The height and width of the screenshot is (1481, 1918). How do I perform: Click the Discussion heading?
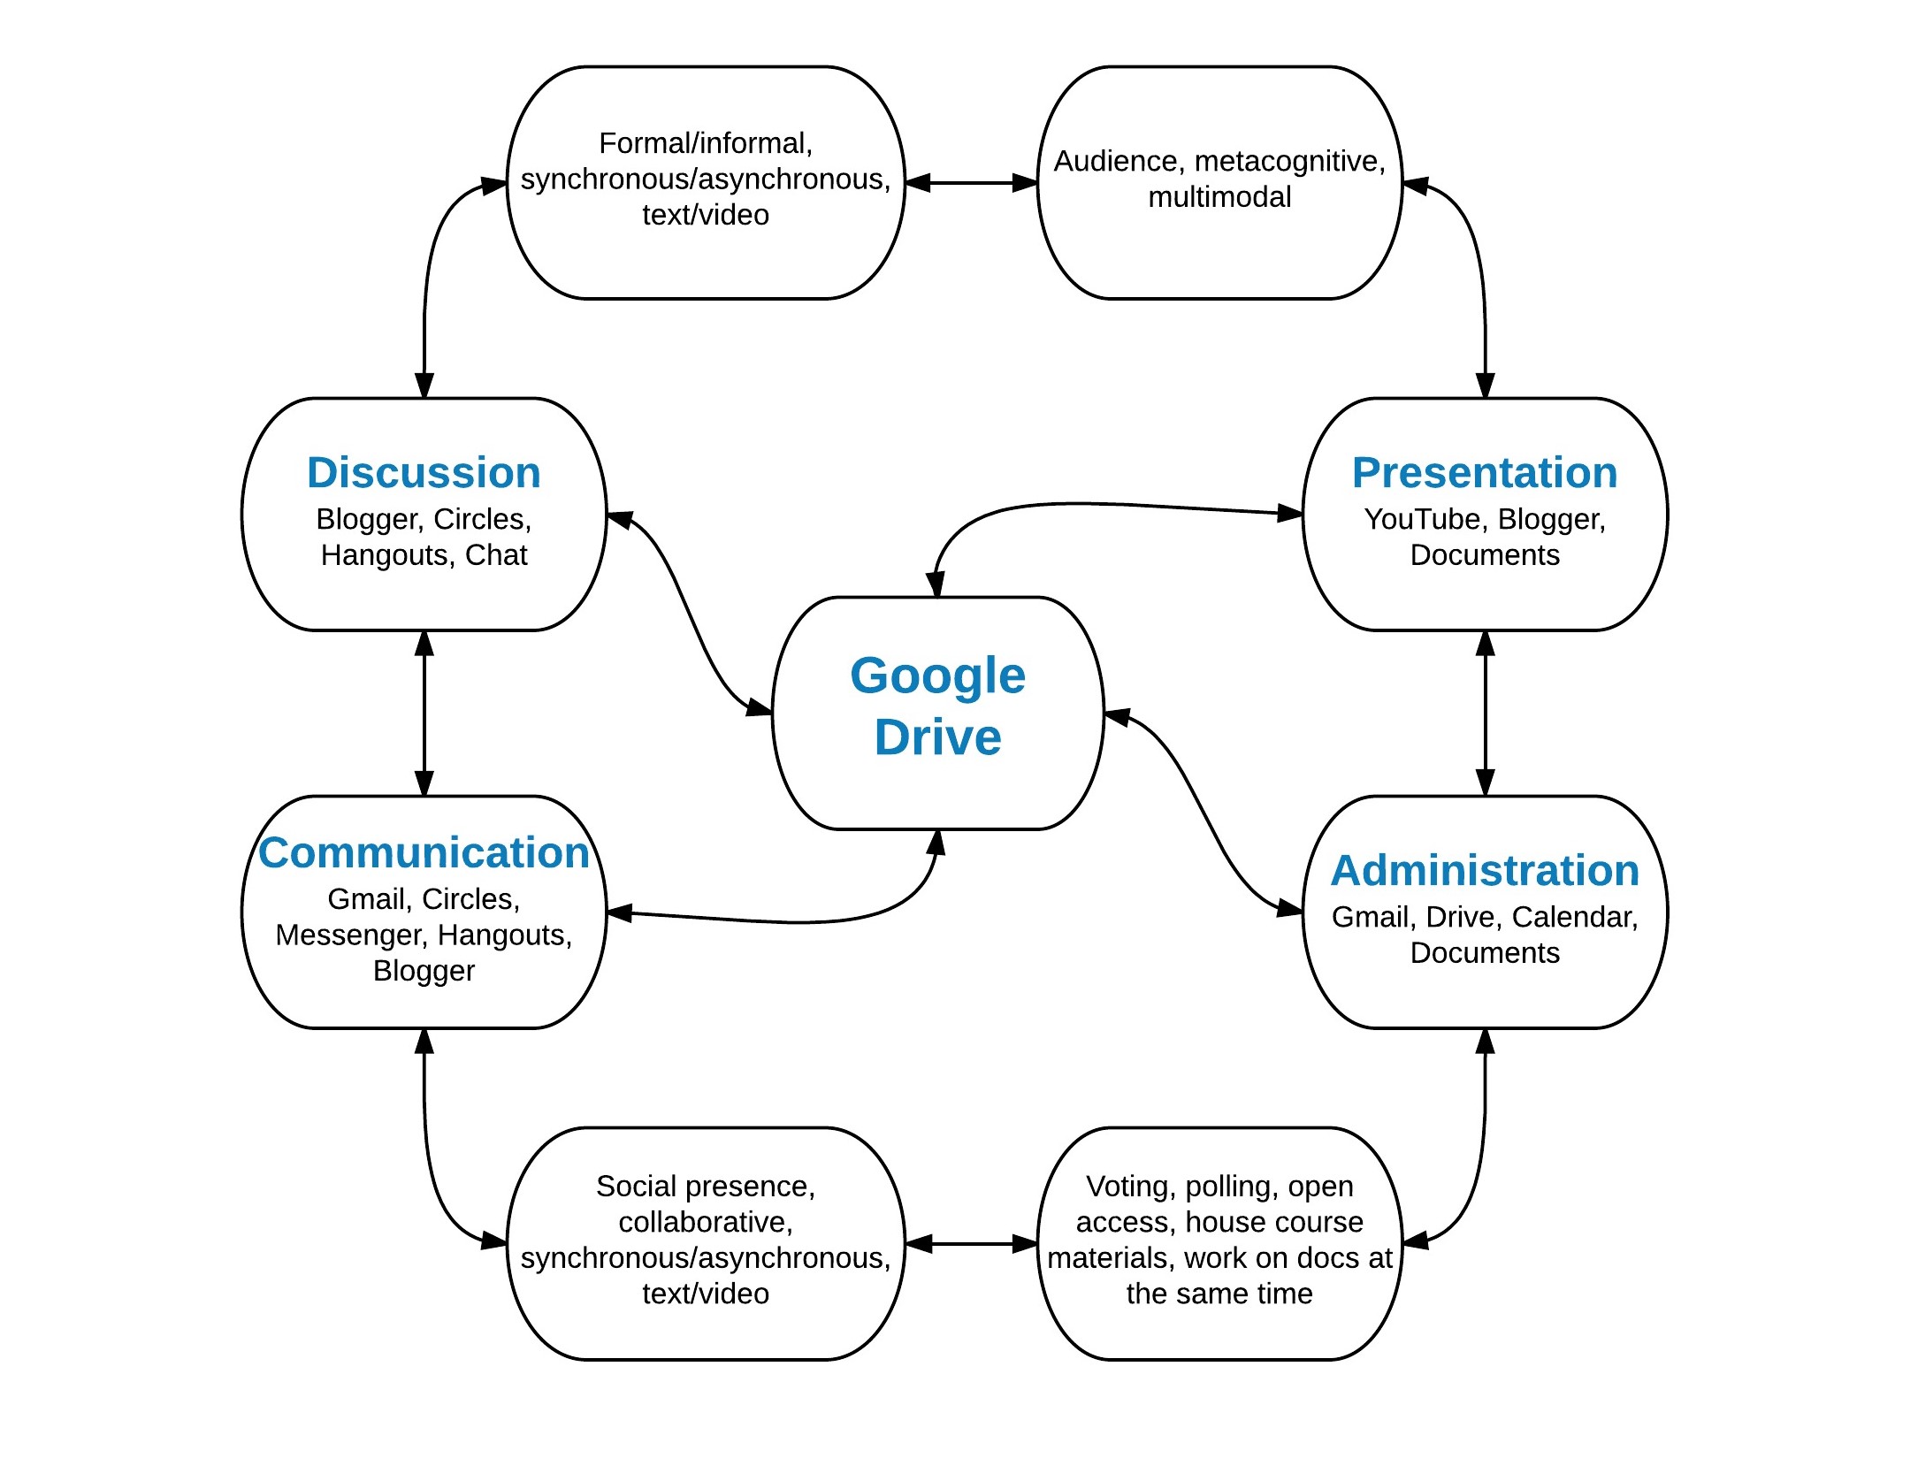click(424, 472)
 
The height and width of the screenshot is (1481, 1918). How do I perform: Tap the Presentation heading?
click(1485, 472)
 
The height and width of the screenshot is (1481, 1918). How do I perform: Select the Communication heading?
click(424, 852)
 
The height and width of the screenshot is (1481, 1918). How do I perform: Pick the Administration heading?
click(1485, 870)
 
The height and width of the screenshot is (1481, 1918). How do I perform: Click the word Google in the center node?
click(937, 676)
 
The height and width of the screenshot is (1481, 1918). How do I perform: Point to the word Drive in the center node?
click(937, 737)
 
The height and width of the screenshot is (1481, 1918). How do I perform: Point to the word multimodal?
click(1219, 197)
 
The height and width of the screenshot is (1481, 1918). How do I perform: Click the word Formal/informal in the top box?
click(705, 143)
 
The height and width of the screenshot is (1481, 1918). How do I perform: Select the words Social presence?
click(705, 1186)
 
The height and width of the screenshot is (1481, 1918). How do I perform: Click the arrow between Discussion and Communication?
click(424, 713)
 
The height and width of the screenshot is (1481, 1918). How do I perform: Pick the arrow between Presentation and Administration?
click(1486, 713)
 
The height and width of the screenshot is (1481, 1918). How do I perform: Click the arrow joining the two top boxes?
click(971, 183)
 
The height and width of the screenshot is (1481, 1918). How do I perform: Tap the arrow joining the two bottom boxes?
click(971, 1244)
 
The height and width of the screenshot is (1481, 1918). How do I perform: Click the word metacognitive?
click(1289, 162)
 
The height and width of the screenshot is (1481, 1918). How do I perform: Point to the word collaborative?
click(705, 1222)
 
